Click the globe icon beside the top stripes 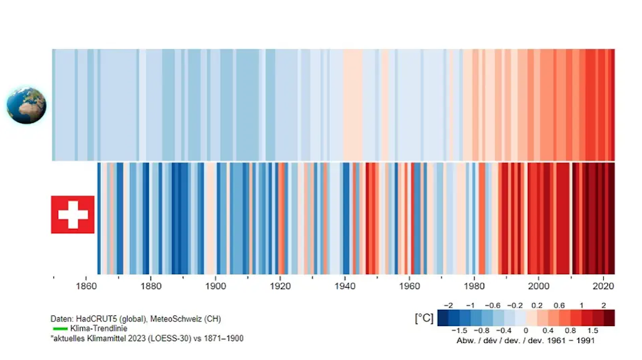pyautogui.click(x=26, y=105)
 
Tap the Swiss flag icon pyautogui.click(x=73, y=214)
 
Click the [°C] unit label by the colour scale pyautogui.click(x=423, y=318)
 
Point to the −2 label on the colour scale pyautogui.click(x=448, y=305)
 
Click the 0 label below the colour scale pyautogui.click(x=526, y=331)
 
